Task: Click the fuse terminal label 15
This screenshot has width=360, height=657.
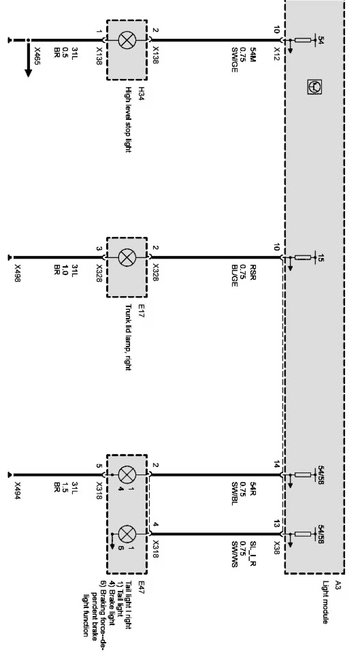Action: pyautogui.click(x=321, y=257)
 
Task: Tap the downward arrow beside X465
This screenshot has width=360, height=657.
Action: pyautogui.click(x=28, y=62)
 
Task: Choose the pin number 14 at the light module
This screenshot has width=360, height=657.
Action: pyautogui.click(x=277, y=464)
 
